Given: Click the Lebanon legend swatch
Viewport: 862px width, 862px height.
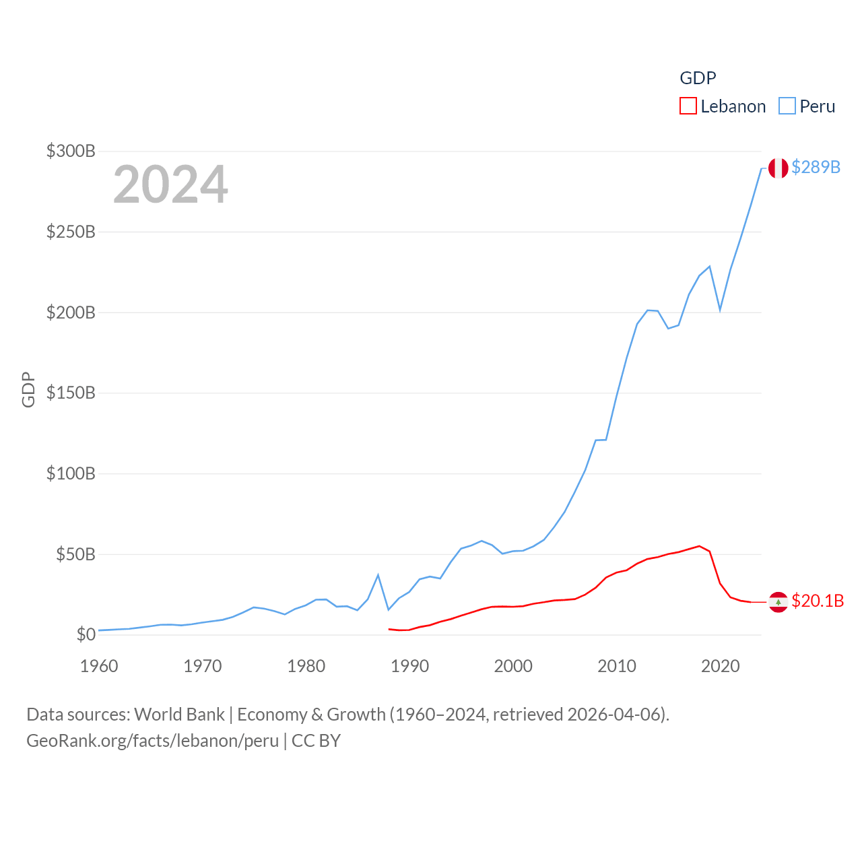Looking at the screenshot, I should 688,106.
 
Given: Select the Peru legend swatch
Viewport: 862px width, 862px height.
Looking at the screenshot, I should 787,106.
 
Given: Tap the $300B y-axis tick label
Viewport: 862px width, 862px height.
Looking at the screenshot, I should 71,151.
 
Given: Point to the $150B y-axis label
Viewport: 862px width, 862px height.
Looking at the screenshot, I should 71,393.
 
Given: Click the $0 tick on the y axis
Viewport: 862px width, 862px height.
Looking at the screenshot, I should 86,634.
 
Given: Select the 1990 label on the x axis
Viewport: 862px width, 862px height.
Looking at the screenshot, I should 409,666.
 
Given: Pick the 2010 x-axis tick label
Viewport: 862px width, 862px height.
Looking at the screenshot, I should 617,666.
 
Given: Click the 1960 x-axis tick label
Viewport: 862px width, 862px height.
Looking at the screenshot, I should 99,666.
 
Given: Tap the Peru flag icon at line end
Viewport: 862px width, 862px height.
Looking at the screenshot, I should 778,168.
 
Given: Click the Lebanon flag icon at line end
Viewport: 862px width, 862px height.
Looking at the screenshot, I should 778,601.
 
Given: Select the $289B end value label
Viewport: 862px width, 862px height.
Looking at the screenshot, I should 816,167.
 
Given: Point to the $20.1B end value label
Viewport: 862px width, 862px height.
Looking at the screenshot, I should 818,601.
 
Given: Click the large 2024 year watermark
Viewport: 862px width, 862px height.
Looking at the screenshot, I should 170,185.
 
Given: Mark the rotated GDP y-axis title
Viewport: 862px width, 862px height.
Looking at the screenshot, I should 28,389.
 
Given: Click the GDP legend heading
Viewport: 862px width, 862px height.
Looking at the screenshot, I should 698,78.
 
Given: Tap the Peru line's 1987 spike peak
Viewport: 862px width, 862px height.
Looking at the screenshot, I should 378,574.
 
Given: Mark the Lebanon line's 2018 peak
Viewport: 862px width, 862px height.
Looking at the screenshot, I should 699,546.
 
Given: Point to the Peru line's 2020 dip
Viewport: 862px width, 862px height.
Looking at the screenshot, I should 720,310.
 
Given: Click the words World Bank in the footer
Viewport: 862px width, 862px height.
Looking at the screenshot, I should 179,714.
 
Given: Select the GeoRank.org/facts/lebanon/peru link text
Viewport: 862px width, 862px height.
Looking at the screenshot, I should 152,741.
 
